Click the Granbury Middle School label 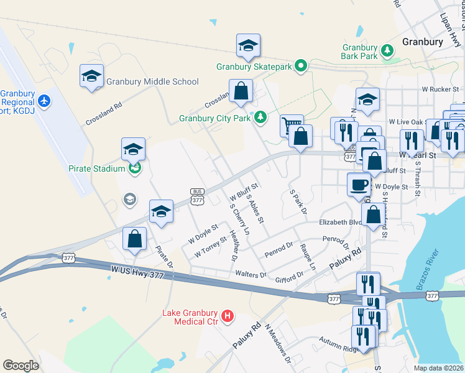pos(152,81)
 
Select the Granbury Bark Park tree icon pos(387,50)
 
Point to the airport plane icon pos(44,99)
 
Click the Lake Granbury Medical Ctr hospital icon pos(228,316)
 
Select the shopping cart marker pos(291,126)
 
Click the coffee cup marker pos(359,185)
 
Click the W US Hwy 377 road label pos(138,272)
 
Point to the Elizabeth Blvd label pos(340,222)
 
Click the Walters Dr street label pos(251,274)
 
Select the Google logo pos(21,365)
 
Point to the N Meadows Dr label pos(278,343)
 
